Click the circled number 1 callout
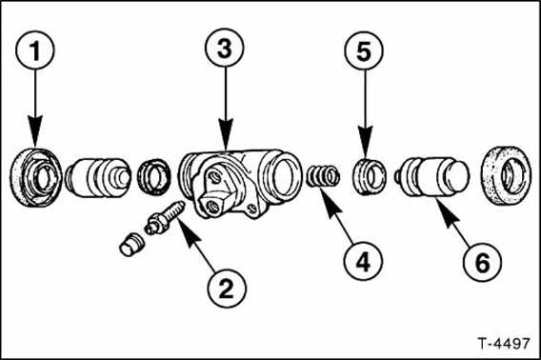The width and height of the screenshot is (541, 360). point(35,50)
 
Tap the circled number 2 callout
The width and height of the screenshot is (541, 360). point(227,289)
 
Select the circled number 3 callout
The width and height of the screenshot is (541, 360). point(225,48)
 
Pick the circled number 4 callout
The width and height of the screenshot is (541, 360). point(363,262)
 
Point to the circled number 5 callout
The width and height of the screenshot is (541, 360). point(364,50)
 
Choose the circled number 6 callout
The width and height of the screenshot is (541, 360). point(482,262)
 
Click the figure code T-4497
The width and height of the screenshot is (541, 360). point(504,344)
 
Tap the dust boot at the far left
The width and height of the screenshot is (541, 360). point(36,177)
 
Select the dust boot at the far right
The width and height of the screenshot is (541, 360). point(506,175)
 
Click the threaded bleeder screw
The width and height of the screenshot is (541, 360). point(165,217)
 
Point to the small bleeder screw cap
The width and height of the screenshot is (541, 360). point(132,245)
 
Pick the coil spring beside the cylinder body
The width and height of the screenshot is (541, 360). point(323,175)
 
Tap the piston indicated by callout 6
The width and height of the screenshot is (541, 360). point(432,177)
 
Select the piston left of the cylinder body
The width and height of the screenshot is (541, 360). point(98,178)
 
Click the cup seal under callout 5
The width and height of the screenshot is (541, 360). point(370,177)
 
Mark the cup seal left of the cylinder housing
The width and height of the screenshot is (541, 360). point(154,177)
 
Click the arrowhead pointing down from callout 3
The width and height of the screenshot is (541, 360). point(226,135)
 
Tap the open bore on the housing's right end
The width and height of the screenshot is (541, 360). point(282,175)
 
